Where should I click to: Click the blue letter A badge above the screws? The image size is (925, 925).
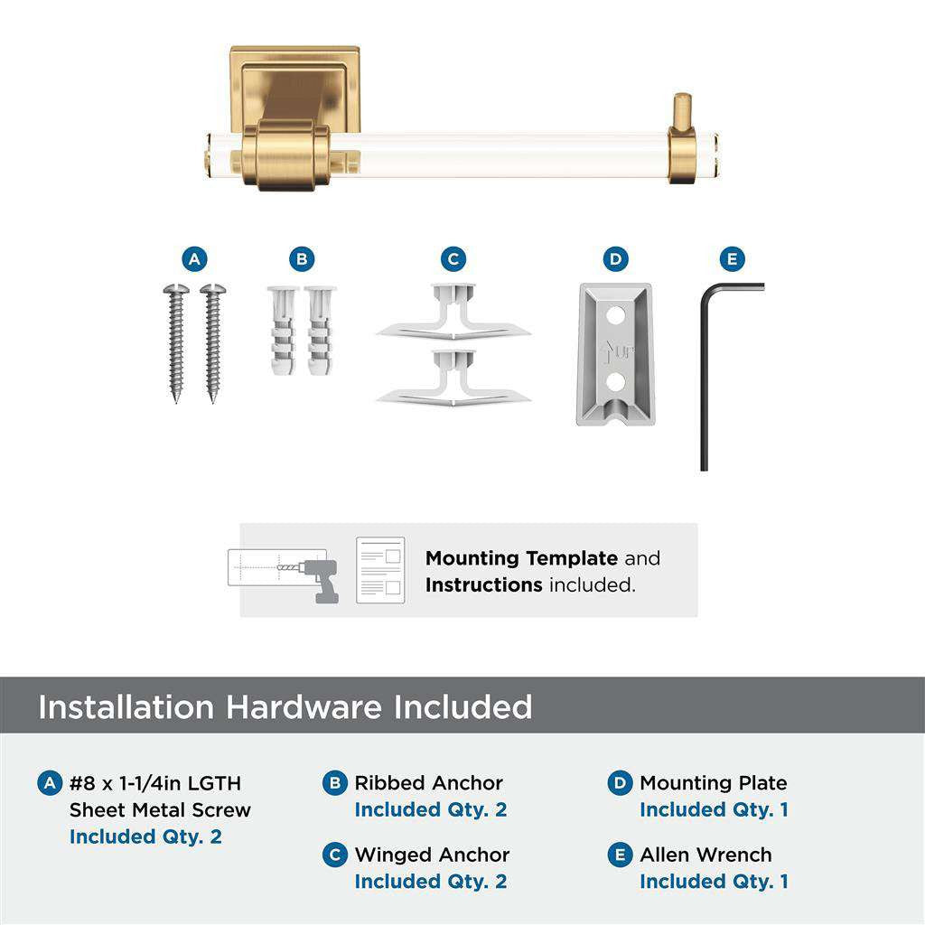point(193,260)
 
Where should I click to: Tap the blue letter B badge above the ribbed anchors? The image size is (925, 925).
point(302,260)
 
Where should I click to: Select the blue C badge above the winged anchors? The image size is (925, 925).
point(453,260)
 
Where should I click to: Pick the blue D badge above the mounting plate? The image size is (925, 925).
point(615,260)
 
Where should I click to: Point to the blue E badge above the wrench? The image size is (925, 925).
point(733,260)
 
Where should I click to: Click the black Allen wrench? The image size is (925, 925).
point(705,379)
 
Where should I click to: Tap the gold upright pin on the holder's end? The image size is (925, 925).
point(682,110)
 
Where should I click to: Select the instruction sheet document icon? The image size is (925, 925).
point(380,570)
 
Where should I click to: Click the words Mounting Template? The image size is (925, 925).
point(521,558)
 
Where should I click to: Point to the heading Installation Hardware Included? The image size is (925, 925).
point(285,706)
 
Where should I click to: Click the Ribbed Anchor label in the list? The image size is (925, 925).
point(428,783)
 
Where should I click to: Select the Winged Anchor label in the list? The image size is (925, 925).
point(432,855)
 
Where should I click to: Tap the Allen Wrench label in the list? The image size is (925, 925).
point(705,855)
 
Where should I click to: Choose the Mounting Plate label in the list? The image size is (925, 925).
point(713,783)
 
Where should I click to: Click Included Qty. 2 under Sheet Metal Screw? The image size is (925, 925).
point(145,836)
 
